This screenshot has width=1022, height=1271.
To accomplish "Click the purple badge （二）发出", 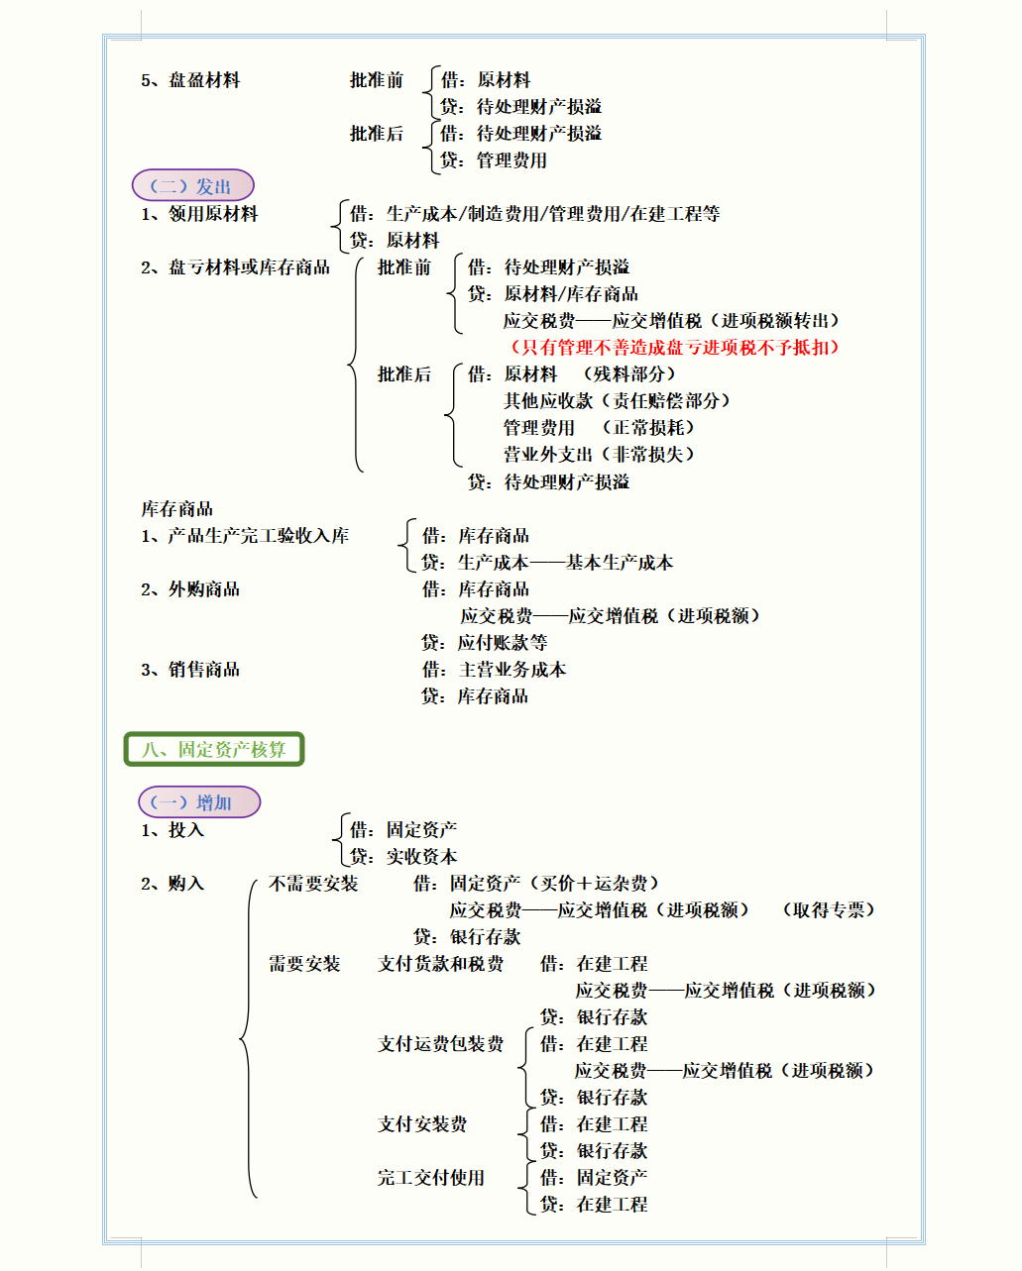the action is pos(193,185).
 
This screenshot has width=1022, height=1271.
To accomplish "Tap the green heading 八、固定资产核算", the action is pos(214,749).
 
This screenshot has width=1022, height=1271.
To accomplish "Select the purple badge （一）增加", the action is pos(199,802).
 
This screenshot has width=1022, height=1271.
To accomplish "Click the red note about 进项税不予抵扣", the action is pos(674,348).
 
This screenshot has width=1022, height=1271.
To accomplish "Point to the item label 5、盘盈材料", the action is pos(190,80).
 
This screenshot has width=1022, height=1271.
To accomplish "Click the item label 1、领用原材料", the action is pos(199,214).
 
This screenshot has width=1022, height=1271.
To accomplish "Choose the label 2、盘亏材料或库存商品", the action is pos(236,267).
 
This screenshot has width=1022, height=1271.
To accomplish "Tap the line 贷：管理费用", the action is pos(494,160).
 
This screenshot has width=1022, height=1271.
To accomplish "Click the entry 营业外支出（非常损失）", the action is pos(600,455).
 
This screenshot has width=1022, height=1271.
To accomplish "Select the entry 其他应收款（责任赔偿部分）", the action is pos(617,401).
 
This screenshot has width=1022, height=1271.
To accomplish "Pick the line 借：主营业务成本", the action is pos(494,670).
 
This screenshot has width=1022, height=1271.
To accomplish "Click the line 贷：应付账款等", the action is pos(485,643).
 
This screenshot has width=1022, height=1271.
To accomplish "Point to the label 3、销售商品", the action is pos(190,670).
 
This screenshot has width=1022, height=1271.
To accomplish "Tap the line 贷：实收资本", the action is pos(403,857).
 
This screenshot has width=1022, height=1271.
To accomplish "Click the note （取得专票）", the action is pos(829,910).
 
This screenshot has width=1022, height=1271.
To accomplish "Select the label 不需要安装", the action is pos(313,884).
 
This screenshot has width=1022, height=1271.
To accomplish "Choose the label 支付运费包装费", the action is pos(440,1044).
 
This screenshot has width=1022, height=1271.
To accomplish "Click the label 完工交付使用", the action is pos(430,1178).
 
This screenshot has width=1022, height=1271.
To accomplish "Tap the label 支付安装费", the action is pos(422,1124).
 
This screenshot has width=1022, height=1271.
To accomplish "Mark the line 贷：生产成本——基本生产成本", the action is pos(547,563).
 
